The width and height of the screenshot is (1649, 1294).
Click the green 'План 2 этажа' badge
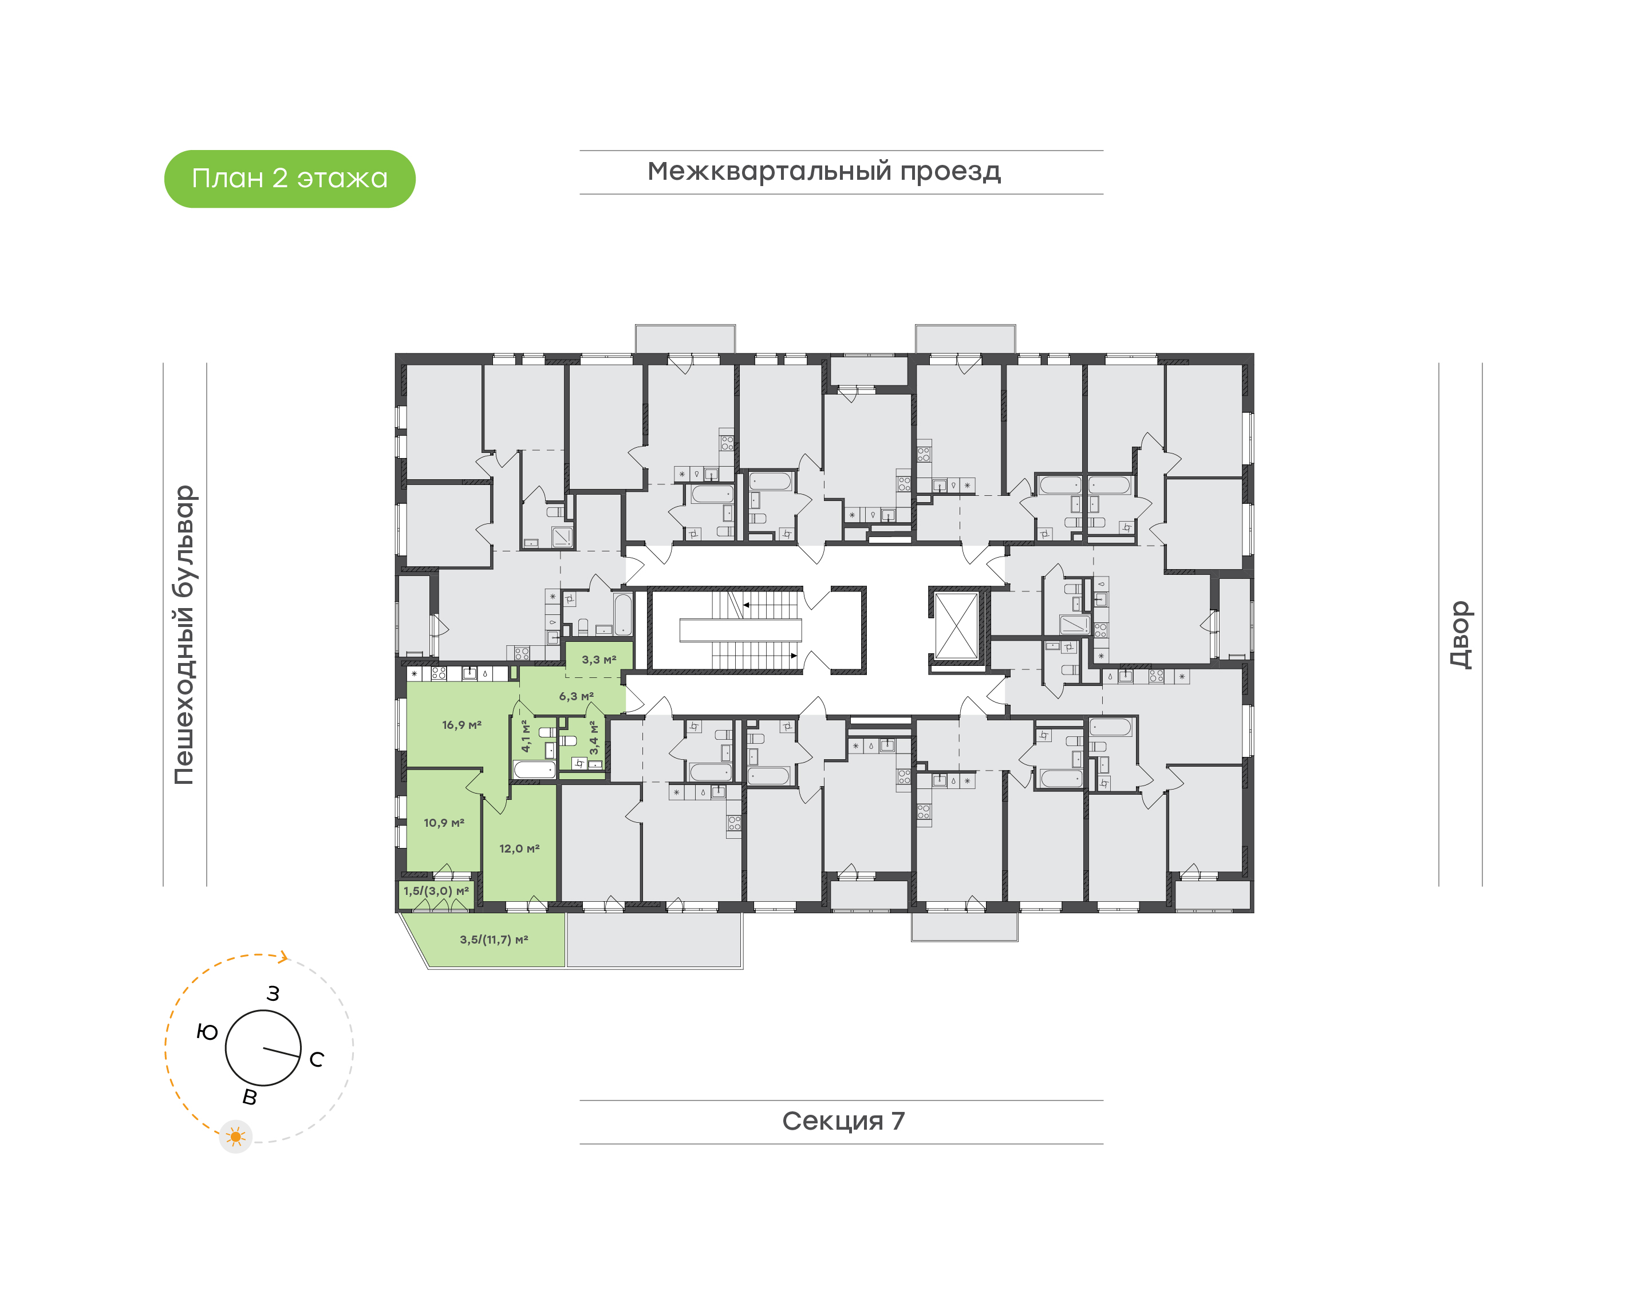tap(289, 179)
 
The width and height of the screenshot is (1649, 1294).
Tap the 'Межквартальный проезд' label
tap(823, 171)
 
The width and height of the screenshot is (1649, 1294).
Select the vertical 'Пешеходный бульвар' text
tap(184, 635)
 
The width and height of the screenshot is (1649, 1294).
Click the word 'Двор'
tap(1459, 635)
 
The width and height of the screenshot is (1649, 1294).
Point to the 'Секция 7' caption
tap(842, 1121)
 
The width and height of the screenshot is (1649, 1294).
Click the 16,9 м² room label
tap(461, 725)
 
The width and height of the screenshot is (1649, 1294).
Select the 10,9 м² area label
tap(443, 823)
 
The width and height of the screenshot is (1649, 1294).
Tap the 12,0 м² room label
tap(519, 849)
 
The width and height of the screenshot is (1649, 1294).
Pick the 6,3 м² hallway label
tap(575, 696)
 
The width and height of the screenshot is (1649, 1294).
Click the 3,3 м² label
tap(598, 660)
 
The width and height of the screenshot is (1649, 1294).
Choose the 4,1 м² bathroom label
tap(526, 736)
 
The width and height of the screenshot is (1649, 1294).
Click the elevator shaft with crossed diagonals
tap(956, 626)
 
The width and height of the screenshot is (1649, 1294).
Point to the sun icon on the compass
tap(235, 1137)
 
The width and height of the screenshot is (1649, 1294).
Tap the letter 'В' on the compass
tap(249, 1097)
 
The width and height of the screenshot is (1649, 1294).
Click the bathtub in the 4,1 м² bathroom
tap(534, 770)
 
